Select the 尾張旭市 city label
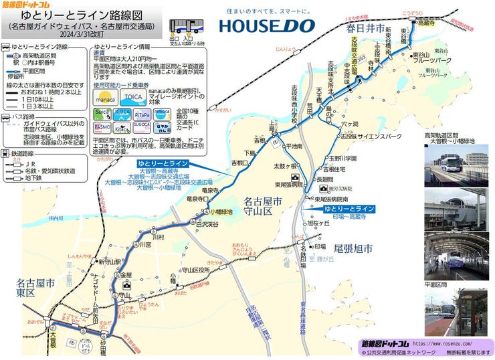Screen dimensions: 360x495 tap(354, 248)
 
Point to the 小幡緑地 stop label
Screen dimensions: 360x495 tap(221, 212)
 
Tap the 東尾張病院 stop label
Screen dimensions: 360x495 tap(289, 184)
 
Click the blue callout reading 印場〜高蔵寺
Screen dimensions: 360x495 tap(346, 213)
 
